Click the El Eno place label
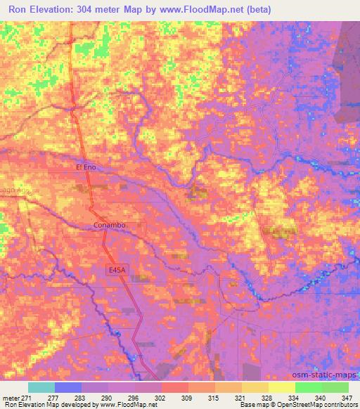pos(85,167)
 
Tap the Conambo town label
pos(108,226)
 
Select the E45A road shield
pos(117,269)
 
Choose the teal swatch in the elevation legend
pos(41,387)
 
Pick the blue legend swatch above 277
pos(68,387)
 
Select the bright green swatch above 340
pos(309,387)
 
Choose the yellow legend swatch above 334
pos(281,387)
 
